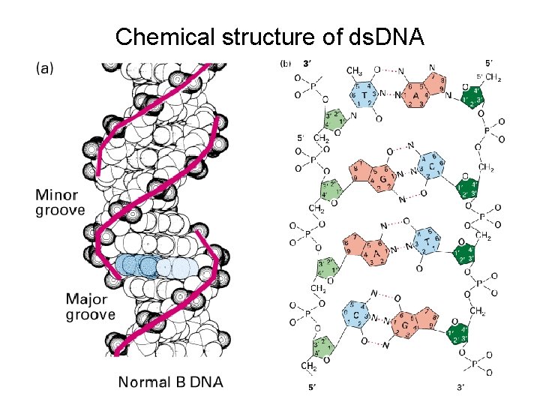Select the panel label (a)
45,67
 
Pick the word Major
88,299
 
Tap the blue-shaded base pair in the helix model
154,265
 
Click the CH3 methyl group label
355,71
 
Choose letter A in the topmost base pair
415,95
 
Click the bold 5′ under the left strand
312,387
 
